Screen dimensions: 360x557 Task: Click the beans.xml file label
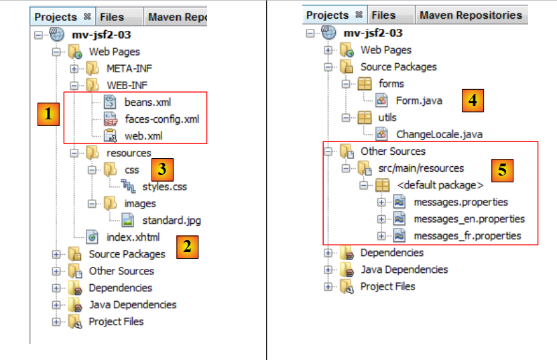147,103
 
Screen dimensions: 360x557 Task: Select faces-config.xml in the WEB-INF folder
162,119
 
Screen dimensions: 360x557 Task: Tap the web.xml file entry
144,136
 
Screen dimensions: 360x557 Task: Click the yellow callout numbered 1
47,115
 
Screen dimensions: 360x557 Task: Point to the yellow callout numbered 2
188,246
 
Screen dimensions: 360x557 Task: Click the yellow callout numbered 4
473,101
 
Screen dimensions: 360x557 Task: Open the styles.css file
164,186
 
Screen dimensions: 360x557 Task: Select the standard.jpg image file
171,220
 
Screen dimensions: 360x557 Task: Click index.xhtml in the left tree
133,237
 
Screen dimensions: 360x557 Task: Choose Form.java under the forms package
418,101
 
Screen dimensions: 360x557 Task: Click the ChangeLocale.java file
439,134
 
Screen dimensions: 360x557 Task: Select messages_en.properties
469,219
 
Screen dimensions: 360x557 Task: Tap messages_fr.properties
467,235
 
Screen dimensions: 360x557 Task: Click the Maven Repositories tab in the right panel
471,15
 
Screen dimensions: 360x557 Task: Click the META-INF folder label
127,68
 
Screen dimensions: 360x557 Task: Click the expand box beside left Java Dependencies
56,305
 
